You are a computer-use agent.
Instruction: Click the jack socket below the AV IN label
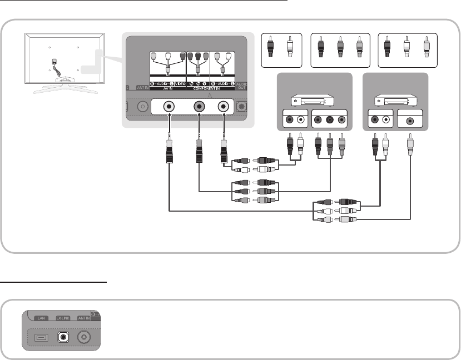(168, 107)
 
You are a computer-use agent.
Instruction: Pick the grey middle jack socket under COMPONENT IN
(199, 107)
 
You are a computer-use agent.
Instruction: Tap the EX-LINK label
(63, 319)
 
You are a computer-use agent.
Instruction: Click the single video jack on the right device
(410, 119)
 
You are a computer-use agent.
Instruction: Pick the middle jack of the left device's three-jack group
(329, 119)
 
